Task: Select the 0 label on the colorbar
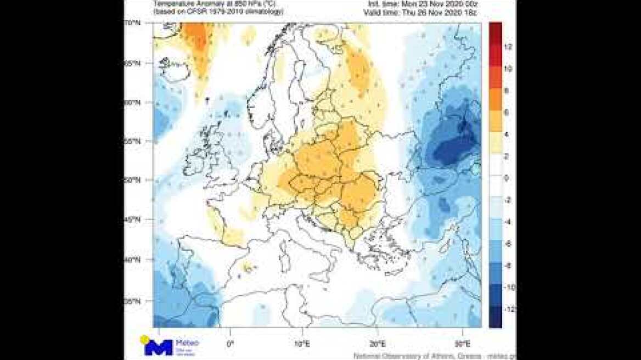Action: point(507,178)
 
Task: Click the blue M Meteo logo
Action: point(159,347)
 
